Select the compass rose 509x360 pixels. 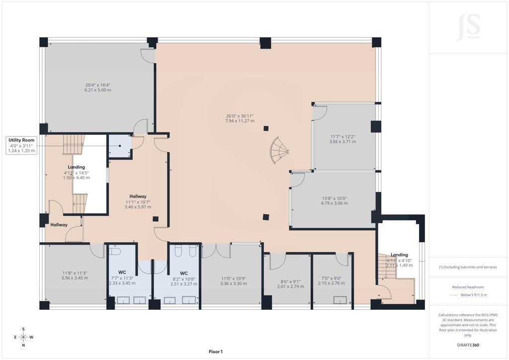click(x=23, y=337)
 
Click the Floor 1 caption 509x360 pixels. click(x=216, y=352)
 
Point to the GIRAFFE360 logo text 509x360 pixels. click(x=468, y=345)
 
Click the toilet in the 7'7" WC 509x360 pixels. click(x=115, y=251)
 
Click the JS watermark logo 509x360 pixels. click(x=468, y=27)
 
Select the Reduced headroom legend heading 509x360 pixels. click(x=468, y=287)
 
